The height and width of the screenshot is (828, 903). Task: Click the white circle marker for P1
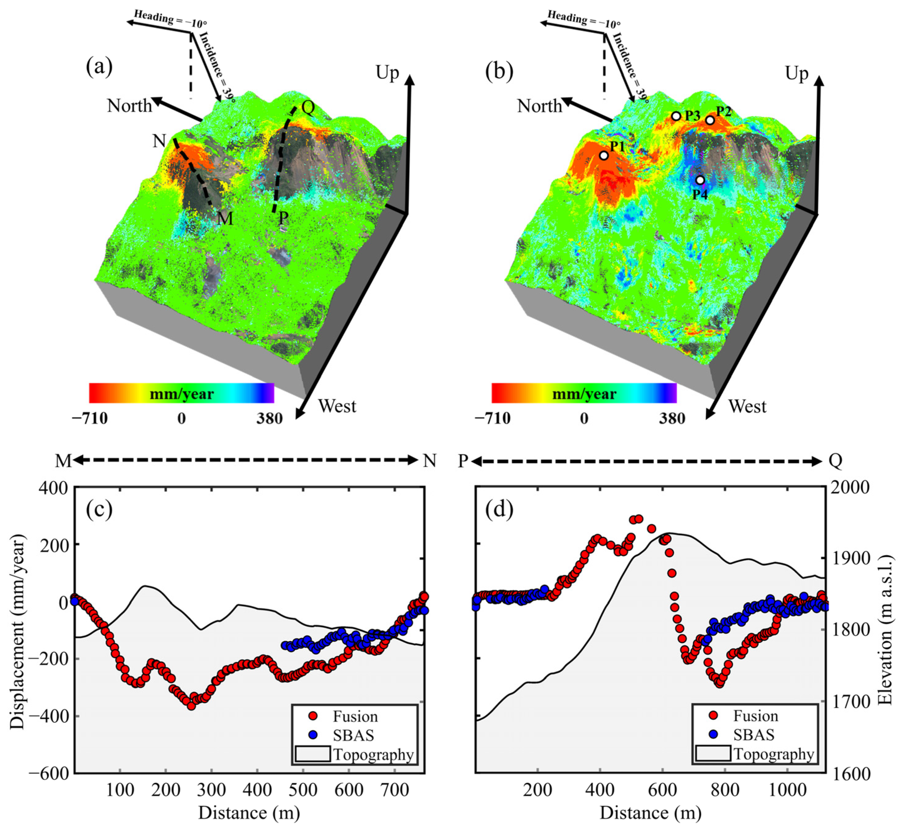[x=604, y=155]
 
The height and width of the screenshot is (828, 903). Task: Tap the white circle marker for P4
[x=700, y=180]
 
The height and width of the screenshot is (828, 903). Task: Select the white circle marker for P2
[x=709, y=120]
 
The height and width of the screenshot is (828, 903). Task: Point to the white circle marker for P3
[x=676, y=116]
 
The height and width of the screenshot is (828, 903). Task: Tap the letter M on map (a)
[x=225, y=219]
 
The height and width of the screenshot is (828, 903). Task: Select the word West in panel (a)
[x=337, y=406]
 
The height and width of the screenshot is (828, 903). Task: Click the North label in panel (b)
[x=539, y=106]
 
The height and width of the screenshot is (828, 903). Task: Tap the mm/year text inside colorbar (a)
[x=182, y=394]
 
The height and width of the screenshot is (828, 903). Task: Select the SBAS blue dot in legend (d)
[x=713, y=735]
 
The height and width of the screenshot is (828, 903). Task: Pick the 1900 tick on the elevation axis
[x=850, y=559]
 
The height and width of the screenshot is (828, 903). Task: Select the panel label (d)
[x=499, y=509]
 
